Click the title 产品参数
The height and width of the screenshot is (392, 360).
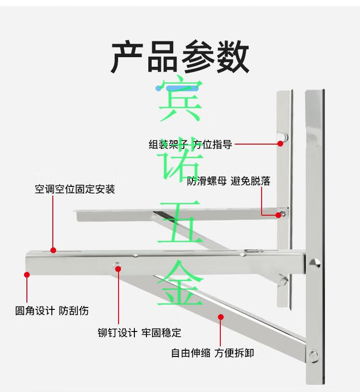pyautogui.click(x=180, y=57)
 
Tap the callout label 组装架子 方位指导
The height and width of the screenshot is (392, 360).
pyautogui.click(x=191, y=145)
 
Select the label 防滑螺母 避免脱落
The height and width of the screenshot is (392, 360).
pyautogui.click(x=228, y=181)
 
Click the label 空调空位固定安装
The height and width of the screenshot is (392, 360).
pyautogui.click(x=75, y=189)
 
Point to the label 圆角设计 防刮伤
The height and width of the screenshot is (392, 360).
pyautogui.click(x=52, y=311)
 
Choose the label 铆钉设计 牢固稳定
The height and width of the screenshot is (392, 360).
pyautogui.click(x=139, y=333)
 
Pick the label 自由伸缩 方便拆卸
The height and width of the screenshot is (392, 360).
pyautogui.click(x=213, y=353)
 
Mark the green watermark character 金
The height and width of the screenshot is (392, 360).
pyautogui.click(x=180, y=282)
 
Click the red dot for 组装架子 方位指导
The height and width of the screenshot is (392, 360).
pyautogui.click(x=280, y=144)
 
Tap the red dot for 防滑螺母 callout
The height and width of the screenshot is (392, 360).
pyautogui.click(x=278, y=215)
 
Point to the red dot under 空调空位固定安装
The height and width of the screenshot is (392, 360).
pyautogui.click(x=53, y=250)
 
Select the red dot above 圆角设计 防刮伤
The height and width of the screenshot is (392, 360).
pyautogui.click(x=27, y=274)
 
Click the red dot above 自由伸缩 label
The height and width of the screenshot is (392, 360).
pyautogui.click(x=220, y=317)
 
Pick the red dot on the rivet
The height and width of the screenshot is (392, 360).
pyautogui.click(x=118, y=269)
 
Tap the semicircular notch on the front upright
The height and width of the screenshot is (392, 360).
pyautogui.click(x=315, y=263)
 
